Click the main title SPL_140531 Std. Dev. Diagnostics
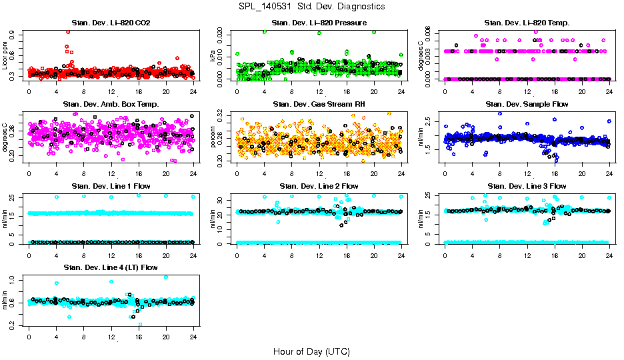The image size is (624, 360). coord(311,6)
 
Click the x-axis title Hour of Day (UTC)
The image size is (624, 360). coord(311,351)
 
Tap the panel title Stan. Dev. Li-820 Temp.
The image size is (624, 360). coord(527,23)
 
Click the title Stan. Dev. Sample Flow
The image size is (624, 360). coord(527,105)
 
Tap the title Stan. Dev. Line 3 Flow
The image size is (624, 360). coord(527,186)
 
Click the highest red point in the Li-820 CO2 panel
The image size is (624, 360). coord(68,32)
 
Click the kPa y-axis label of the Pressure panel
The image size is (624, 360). coord(214,57)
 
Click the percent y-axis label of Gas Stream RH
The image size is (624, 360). coord(214,137)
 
